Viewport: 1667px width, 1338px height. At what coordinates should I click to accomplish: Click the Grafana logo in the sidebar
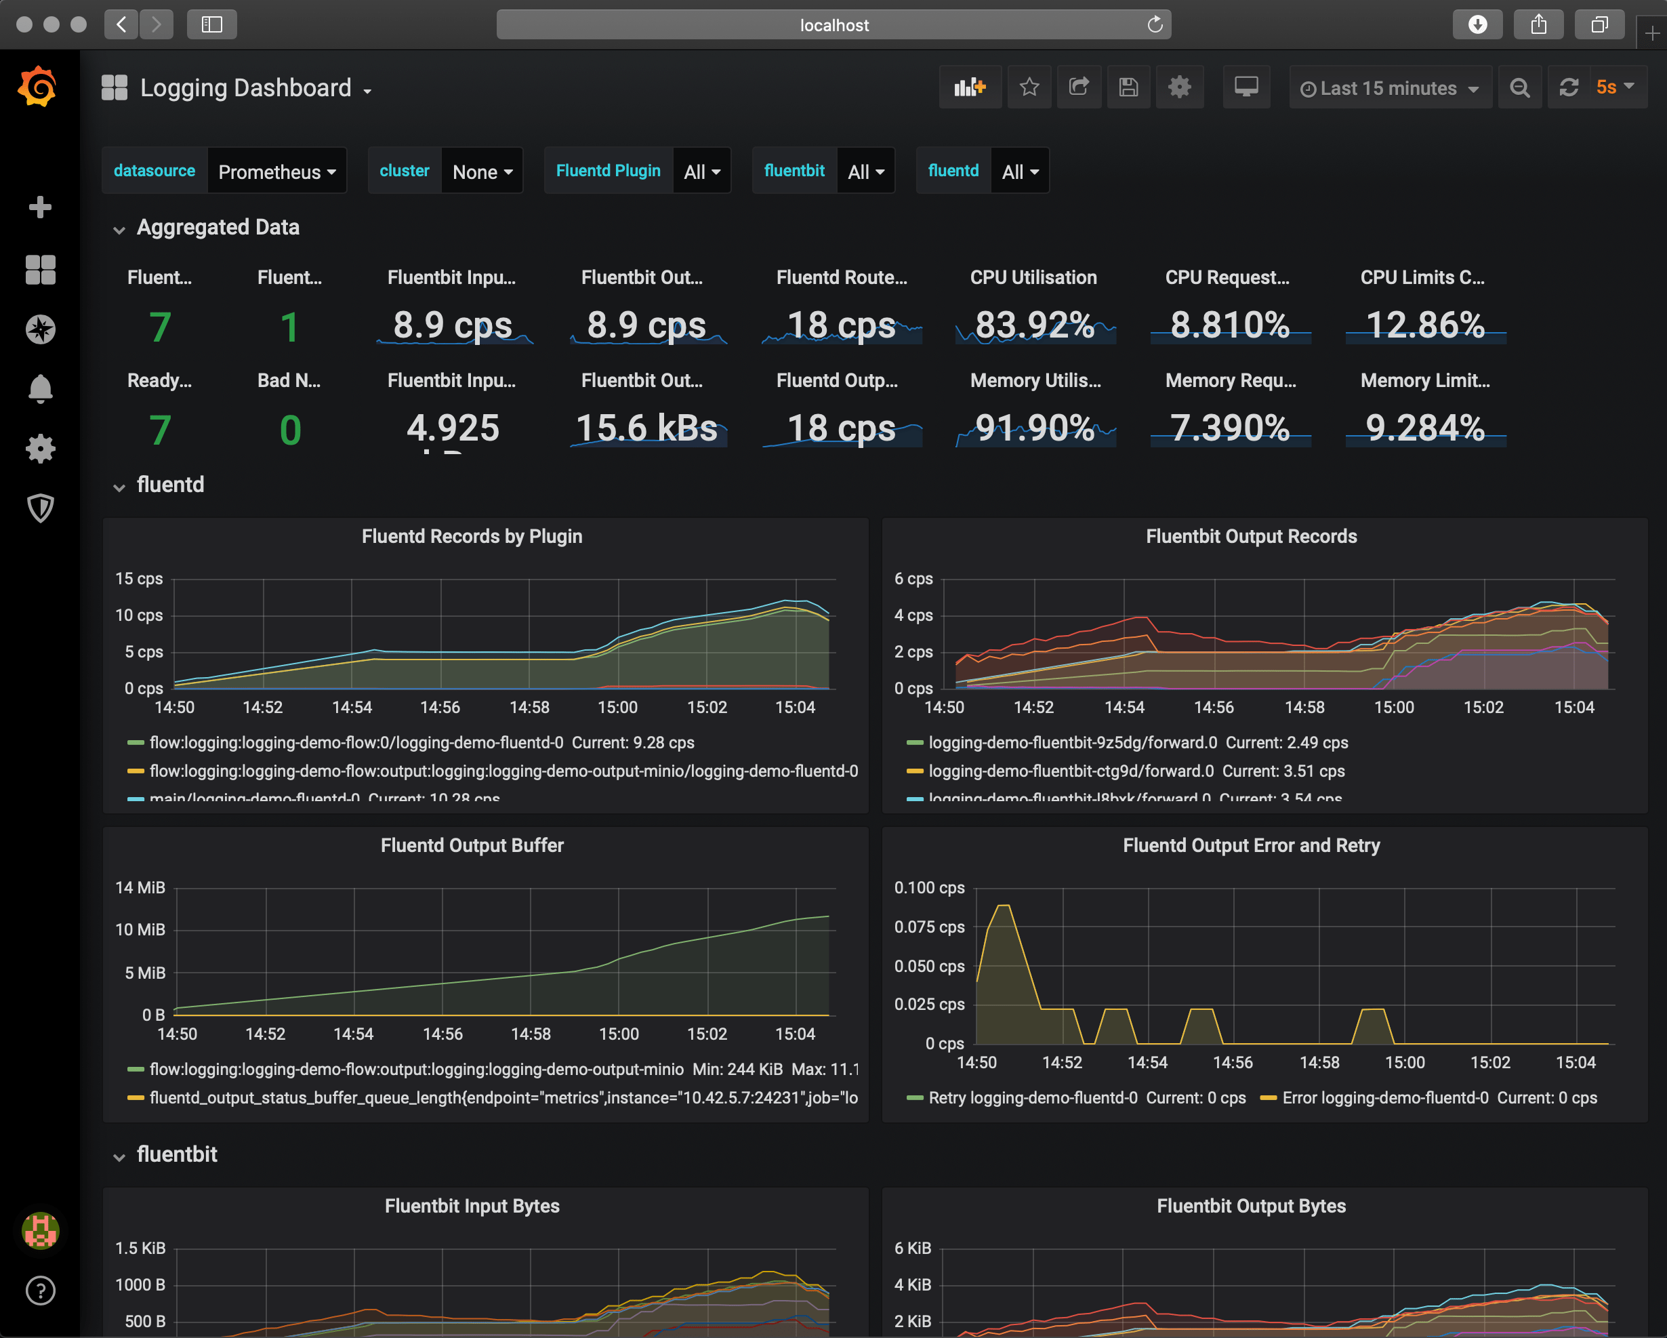click(38, 86)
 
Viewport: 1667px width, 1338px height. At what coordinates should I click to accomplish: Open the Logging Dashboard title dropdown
click(246, 88)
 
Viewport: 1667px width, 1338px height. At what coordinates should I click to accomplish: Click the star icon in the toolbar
click(1029, 87)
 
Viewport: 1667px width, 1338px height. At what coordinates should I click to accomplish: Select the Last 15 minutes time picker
click(1388, 88)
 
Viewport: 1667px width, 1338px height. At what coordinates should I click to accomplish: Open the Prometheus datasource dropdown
click(276, 171)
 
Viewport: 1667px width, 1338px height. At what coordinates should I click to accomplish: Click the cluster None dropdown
click(482, 171)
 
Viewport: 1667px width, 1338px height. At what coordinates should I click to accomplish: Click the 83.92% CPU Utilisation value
click(1035, 325)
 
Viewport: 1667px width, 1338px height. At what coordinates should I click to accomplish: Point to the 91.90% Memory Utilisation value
click(1035, 428)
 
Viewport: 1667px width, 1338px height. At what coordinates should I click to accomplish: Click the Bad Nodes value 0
click(290, 430)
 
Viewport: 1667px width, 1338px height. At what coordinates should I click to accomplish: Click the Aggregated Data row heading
click(218, 227)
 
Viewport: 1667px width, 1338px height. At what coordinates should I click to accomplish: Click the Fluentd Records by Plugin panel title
click(472, 536)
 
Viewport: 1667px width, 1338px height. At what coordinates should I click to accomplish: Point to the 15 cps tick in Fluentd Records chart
click(139, 578)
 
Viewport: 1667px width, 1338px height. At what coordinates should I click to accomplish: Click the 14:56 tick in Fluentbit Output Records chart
click(1213, 708)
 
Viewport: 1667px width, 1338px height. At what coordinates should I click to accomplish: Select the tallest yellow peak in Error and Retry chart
click(1004, 906)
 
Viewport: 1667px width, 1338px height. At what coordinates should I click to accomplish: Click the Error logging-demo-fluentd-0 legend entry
click(1384, 1097)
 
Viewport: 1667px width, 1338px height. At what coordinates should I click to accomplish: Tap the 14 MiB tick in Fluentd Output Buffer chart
click(140, 888)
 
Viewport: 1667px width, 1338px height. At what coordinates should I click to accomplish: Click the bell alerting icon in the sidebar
click(40, 388)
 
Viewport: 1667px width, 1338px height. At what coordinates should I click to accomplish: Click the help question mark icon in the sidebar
click(40, 1290)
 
